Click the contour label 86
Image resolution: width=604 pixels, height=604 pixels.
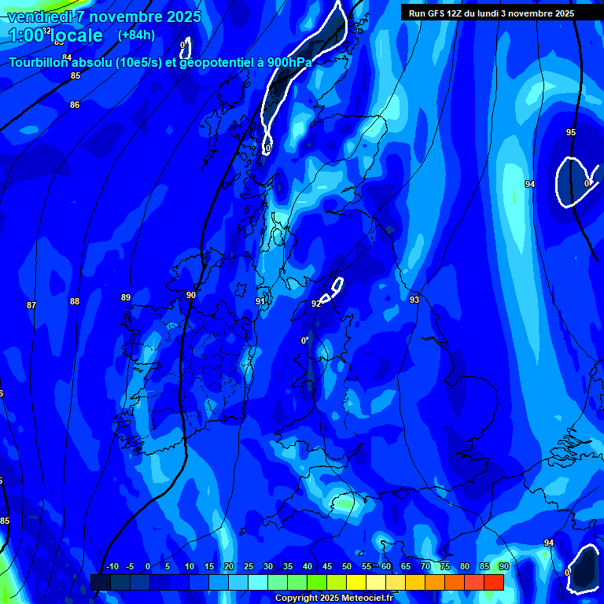tap(75, 105)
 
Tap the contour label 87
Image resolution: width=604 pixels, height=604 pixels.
tap(31, 305)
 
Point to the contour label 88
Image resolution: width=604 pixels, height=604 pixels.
tap(75, 301)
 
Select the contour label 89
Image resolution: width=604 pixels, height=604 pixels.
tap(126, 297)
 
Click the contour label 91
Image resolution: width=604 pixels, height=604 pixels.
tap(260, 301)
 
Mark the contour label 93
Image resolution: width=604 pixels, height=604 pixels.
tap(414, 300)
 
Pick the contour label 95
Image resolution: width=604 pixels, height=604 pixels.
tap(571, 132)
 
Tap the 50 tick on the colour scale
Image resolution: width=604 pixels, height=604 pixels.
tap(347, 567)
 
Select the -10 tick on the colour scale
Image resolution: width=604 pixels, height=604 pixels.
tap(112, 567)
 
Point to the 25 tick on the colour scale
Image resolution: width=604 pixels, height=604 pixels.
tap(248, 567)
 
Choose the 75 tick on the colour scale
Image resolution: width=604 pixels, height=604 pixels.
tap(445, 567)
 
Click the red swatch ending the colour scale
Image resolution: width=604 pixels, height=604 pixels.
tap(494, 582)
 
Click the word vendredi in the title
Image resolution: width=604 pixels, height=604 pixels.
tap(40, 16)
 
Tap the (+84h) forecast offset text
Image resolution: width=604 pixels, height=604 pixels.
tap(136, 35)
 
